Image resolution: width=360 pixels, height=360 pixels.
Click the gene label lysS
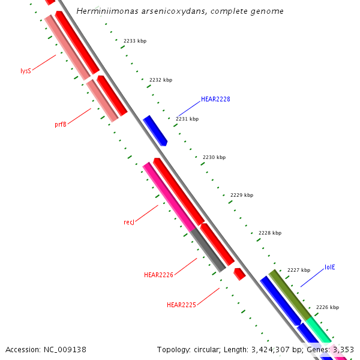click(x=26, y=71)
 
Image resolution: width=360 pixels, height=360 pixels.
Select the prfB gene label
click(x=61, y=125)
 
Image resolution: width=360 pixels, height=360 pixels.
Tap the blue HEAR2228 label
click(x=215, y=99)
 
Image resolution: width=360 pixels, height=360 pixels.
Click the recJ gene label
click(x=129, y=222)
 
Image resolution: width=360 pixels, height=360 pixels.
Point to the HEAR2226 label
click(x=158, y=275)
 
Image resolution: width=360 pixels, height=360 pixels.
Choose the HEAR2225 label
click(x=181, y=305)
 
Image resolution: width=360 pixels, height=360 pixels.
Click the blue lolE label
click(x=330, y=267)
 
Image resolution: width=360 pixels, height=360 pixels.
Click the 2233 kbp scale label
click(x=135, y=41)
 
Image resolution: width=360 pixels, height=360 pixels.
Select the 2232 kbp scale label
click(x=161, y=80)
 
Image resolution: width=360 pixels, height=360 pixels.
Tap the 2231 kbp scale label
click(x=187, y=119)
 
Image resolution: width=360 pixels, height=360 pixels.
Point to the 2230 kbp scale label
click(x=214, y=157)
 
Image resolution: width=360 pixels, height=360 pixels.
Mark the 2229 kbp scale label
click(x=242, y=195)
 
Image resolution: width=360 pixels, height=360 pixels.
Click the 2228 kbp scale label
click(x=270, y=233)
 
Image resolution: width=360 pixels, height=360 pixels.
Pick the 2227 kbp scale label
click(x=299, y=270)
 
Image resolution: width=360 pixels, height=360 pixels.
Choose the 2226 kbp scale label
click(x=328, y=307)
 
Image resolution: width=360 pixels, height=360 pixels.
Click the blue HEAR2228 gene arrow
click(x=155, y=130)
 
